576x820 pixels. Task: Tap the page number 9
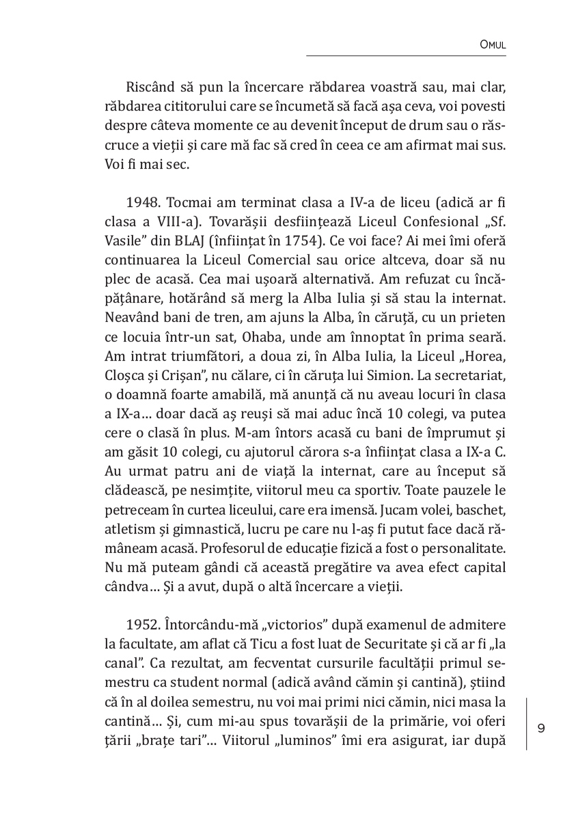click(x=541, y=727)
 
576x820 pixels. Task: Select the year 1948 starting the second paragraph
click(x=141, y=204)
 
